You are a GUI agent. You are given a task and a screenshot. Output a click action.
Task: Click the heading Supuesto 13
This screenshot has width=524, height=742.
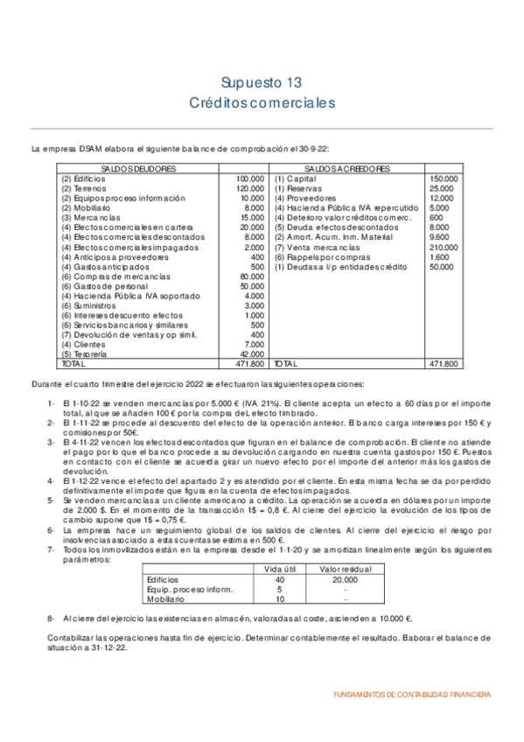click(x=262, y=83)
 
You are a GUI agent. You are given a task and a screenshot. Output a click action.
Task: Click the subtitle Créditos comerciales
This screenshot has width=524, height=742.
click(x=262, y=103)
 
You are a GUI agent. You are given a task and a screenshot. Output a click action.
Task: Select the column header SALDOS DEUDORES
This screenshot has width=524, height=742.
click(x=139, y=168)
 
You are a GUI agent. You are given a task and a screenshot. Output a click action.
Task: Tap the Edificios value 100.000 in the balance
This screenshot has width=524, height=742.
click(x=250, y=178)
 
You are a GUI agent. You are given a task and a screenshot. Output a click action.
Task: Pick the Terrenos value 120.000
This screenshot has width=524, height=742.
click(x=250, y=188)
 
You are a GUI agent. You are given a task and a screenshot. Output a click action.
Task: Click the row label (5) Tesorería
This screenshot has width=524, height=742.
click(x=84, y=354)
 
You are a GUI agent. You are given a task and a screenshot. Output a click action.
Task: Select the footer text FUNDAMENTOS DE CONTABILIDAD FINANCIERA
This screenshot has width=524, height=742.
click(x=412, y=694)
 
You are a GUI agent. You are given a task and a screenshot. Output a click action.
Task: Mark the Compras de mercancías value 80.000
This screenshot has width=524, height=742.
click(x=252, y=277)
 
